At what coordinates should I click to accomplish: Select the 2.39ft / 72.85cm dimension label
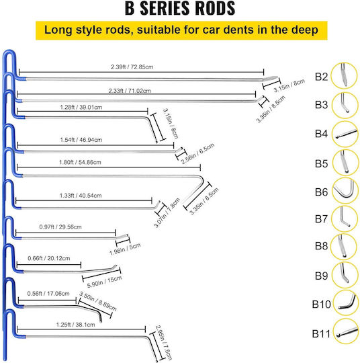pos(132,67)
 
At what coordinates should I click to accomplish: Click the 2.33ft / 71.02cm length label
pos(130,91)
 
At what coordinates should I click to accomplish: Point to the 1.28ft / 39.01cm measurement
pos(81,108)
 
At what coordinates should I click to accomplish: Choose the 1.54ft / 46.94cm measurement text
pos(81,140)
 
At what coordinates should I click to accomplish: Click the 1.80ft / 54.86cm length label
pos(80,162)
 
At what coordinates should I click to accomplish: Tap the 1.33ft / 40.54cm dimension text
pos(81,196)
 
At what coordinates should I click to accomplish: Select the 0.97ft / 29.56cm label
pos(60,227)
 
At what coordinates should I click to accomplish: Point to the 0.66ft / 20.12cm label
pos(49,258)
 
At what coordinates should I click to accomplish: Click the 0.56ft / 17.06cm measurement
pos(48,294)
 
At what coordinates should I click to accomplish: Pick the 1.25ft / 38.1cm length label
pos(75,325)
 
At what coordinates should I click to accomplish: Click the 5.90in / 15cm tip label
pos(104,282)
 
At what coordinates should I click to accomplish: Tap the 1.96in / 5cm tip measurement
pos(125,249)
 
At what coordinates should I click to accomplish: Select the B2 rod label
pos(321,77)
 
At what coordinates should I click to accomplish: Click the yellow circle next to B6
pos(345,190)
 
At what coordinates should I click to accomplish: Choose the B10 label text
pos(321,305)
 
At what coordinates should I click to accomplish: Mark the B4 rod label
pos(321,134)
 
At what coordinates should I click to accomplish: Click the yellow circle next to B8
pos(344,247)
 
